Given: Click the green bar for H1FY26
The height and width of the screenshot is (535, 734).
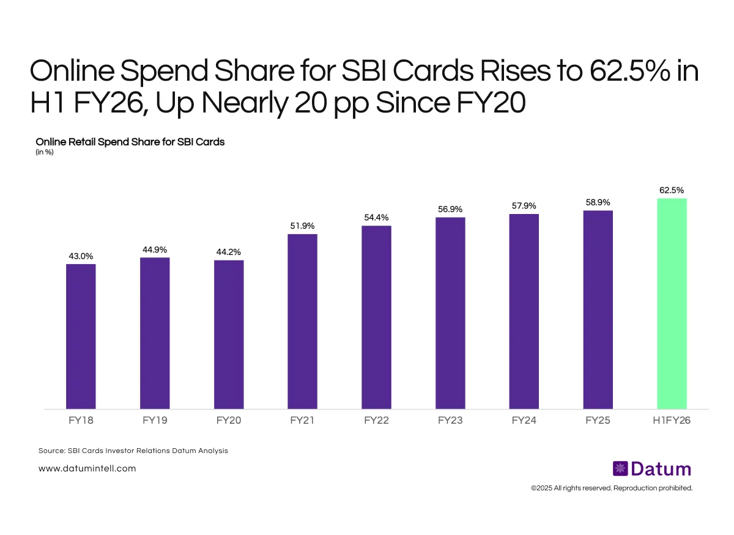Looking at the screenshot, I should (672, 303).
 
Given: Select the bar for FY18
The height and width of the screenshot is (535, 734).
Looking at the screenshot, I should (81, 336).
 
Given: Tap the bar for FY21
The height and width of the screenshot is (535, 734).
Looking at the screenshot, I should (302, 321).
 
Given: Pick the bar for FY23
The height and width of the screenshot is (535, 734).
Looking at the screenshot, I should (450, 313).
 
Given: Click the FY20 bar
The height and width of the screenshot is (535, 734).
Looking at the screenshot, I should (229, 334).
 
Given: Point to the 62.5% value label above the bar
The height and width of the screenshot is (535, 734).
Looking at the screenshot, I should (672, 191).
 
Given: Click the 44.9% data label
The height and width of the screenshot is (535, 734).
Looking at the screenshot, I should (155, 249).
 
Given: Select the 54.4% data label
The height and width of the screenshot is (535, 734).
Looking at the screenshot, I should (376, 218).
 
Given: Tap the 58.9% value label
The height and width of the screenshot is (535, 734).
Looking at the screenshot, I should (598, 202).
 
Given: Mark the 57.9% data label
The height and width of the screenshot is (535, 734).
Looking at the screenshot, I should (524, 206).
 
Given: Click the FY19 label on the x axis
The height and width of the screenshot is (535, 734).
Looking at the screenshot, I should (155, 421).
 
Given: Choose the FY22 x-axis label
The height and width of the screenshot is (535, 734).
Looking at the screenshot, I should (376, 421).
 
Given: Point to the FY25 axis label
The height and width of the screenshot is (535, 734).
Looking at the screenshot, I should (598, 421).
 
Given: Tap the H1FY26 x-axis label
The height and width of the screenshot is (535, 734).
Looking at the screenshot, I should (672, 421).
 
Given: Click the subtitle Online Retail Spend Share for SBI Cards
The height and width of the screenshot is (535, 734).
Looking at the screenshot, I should (130, 142).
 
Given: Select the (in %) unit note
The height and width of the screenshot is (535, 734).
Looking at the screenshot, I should (45, 152).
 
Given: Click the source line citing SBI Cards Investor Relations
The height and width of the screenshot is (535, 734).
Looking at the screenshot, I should (133, 451).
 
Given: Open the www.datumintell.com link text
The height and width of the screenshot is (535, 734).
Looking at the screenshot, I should (87, 468).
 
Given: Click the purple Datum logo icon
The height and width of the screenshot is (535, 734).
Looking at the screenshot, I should (620, 469).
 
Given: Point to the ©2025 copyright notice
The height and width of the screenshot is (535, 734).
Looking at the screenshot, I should (611, 488).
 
